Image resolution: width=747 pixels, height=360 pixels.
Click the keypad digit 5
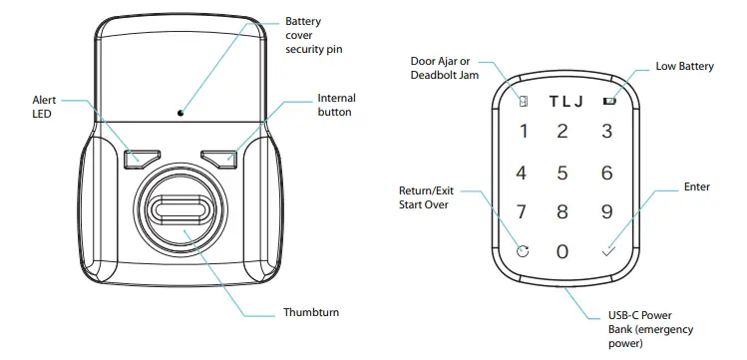[562, 173]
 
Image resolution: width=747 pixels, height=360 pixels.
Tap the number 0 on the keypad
[562, 251]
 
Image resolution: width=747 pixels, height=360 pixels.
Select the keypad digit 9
[605, 211]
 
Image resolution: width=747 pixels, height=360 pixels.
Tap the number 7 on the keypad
[521, 211]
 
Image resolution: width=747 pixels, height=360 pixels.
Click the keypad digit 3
[605, 131]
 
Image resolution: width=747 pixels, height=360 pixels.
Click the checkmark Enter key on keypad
[607, 251]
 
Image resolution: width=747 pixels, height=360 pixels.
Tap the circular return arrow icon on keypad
[523, 251]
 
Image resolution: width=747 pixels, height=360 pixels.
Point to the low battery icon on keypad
[608, 101]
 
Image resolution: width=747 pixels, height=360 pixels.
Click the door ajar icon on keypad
[523, 101]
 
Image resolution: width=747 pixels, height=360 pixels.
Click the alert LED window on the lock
[141, 158]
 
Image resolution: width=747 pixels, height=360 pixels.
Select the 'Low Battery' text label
[684, 67]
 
